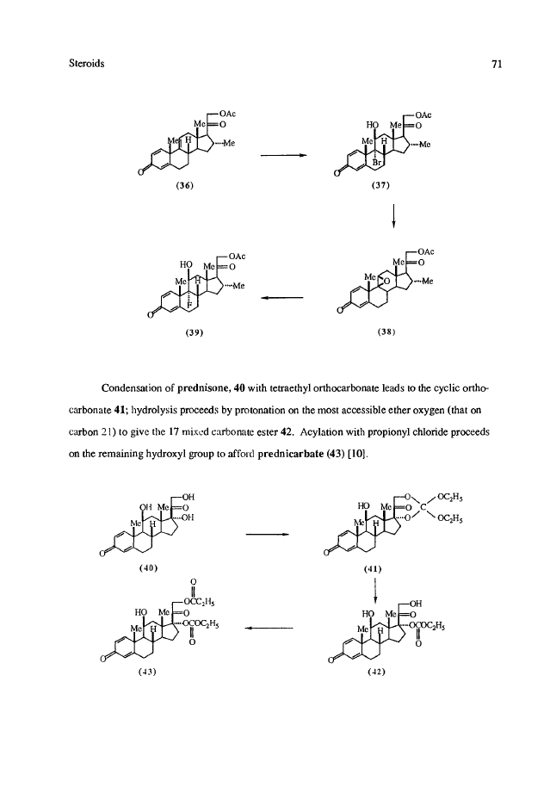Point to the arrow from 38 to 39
[x=281, y=297]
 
